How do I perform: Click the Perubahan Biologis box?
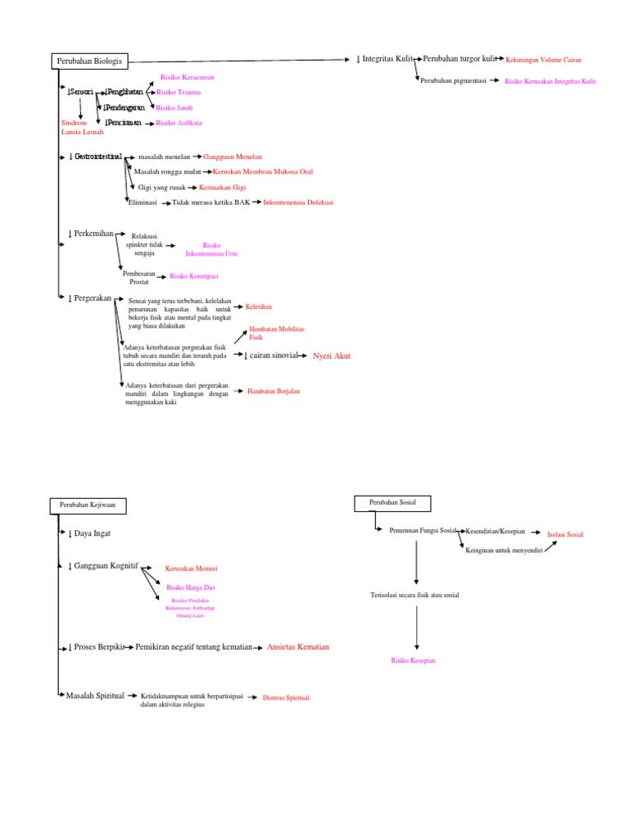click(90, 61)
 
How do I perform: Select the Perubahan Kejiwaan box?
click(88, 506)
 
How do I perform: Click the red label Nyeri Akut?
click(332, 356)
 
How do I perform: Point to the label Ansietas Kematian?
click(298, 647)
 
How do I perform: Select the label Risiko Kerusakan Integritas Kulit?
click(550, 82)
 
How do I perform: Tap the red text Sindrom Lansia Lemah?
click(83, 127)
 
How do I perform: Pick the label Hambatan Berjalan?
click(274, 392)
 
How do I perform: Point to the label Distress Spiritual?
click(286, 697)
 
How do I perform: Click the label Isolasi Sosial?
click(565, 534)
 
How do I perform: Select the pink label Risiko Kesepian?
click(414, 660)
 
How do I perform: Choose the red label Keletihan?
click(259, 306)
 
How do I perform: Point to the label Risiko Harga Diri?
click(191, 587)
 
